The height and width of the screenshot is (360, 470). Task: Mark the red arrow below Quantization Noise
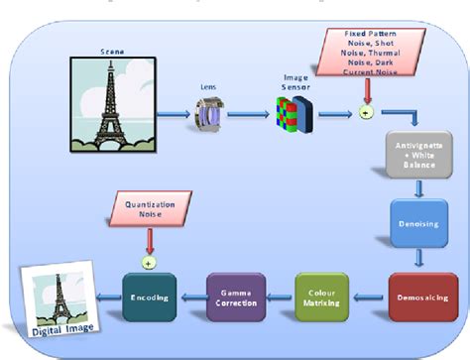point(149,239)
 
